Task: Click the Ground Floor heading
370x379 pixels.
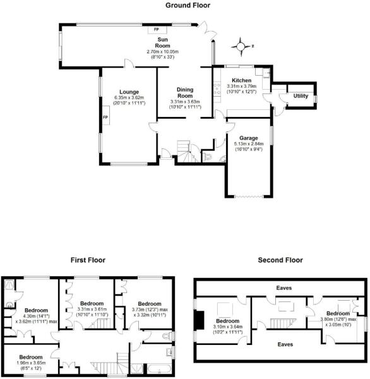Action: click(x=188, y=6)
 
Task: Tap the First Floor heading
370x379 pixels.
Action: click(x=87, y=260)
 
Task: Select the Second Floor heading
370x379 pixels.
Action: click(x=280, y=260)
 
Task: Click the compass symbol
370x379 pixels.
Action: click(x=241, y=45)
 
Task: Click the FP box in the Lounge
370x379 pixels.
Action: click(x=105, y=117)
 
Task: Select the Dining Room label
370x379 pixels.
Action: click(x=185, y=92)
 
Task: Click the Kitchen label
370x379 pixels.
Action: click(x=242, y=81)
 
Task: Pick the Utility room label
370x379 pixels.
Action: click(x=300, y=96)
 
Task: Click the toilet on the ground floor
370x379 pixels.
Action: click(x=209, y=157)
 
